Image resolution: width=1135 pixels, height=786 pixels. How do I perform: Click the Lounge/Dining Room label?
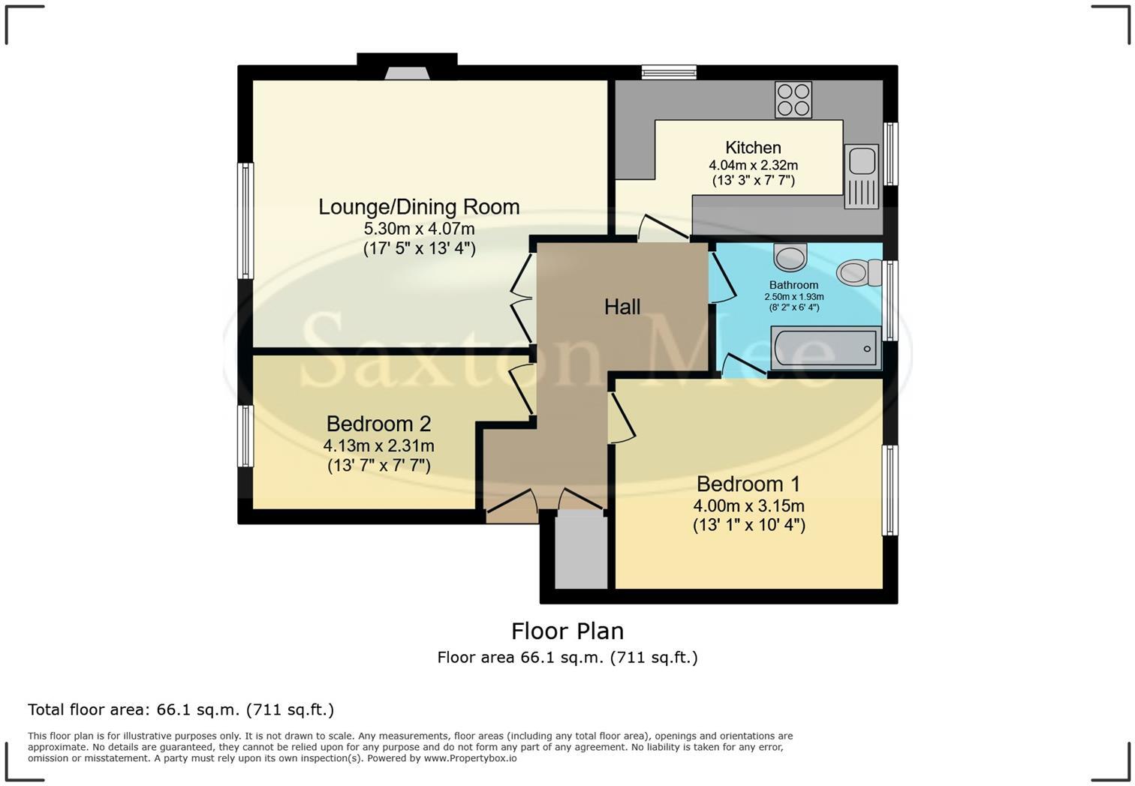[x=419, y=207]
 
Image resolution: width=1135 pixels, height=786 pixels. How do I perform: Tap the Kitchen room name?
[x=753, y=147]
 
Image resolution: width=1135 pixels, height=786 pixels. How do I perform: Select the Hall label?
[x=622, y=307]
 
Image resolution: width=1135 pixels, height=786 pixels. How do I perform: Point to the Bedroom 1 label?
[x=748, y=484]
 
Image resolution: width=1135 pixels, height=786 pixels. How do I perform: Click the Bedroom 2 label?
[x=378, y=424]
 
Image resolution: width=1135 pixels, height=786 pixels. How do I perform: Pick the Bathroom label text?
[x=793, y=285]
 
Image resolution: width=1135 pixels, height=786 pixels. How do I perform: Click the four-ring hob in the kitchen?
[x=793, y=100]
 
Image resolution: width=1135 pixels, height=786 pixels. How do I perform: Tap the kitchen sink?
[x=861, y=176]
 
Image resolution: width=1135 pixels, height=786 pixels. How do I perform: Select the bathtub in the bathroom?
[x=826, y=348]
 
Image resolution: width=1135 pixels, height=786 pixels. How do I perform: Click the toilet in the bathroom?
[x=860, y=272]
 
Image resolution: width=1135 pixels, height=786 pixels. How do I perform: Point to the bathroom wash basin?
[x=790, y=256]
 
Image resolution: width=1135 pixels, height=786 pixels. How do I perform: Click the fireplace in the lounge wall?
[x=407, y=74]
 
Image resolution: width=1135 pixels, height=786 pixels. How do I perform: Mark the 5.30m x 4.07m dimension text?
[x=419, y=229]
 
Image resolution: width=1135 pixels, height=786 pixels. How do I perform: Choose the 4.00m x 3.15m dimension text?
[x=748, y=505]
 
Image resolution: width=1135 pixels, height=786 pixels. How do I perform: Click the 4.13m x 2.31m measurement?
[x=378, y=446]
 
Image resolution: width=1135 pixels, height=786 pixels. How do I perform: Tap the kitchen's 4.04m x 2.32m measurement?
[x=753, y=165]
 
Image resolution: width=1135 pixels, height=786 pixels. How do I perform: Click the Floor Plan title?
[x=567, y=631]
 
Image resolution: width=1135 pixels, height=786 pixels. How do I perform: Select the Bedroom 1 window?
[x=890, y=490]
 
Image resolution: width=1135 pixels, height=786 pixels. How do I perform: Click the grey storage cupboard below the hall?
[x=581, y=549]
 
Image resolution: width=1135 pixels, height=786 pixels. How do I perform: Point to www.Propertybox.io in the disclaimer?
[x=470, y=758]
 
